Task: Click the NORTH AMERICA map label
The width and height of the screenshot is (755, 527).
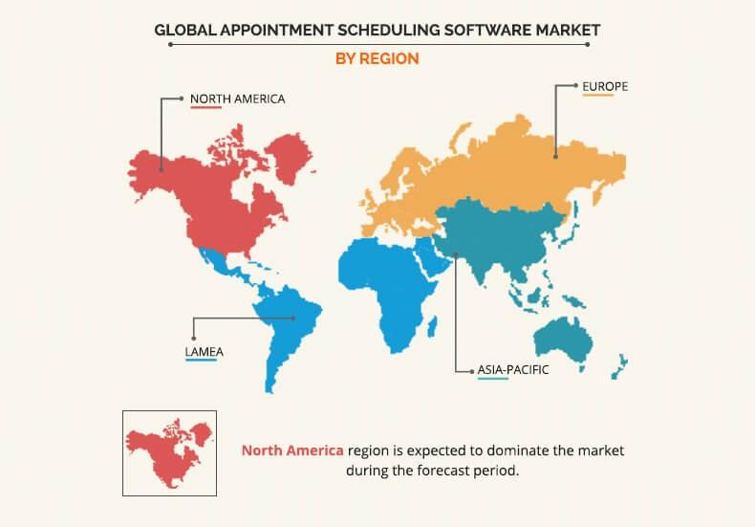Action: [237, 98]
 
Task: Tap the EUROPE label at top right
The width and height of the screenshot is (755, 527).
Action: [605, 85]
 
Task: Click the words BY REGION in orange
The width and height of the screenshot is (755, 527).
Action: [377, 58]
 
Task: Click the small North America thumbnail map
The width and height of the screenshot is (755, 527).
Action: [169, 452]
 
